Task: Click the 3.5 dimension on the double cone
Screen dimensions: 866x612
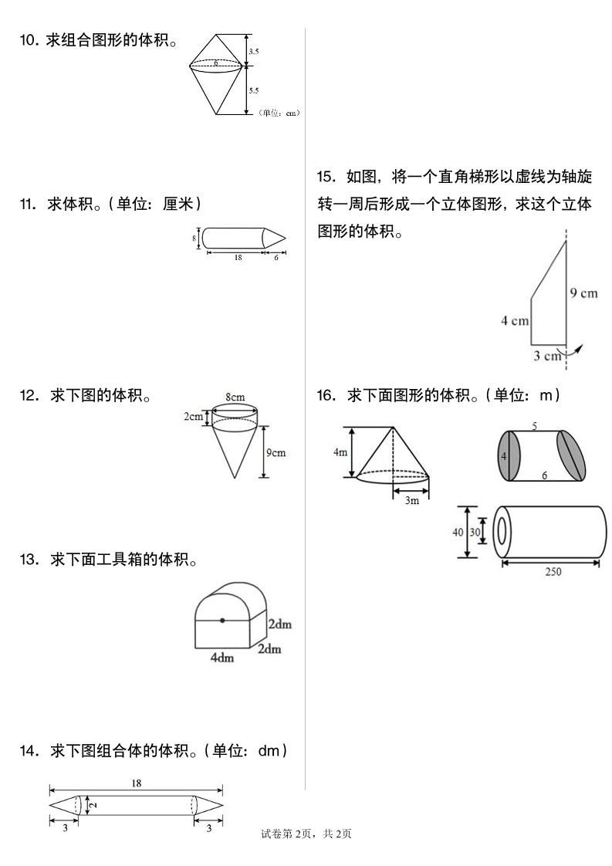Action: (x=254, y=51)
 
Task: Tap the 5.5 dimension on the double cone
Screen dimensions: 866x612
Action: (x=254, y=90)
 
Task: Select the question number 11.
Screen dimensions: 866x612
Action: (x=28, y=204)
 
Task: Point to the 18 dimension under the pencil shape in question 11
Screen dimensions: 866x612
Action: (x=238, y=258)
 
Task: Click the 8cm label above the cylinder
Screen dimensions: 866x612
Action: (x=235, y=397)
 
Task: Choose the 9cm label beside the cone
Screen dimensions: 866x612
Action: (x=276, y=452)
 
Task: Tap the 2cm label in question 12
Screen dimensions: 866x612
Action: (x=193, y=417)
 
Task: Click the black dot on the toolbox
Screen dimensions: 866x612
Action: (x=222, y=620)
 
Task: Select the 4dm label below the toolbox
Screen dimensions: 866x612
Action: (x=222, y=658)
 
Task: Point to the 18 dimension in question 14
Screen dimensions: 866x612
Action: (x=136, y=783)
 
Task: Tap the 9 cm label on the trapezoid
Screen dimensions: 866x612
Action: (x=584, y=293)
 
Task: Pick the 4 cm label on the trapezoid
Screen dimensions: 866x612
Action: (x=514, y=320)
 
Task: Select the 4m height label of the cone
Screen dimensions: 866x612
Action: (x=340, y=453)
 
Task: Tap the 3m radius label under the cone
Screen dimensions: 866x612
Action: (x=411, y=501)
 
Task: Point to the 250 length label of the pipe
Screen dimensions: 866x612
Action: (x=553, y=572)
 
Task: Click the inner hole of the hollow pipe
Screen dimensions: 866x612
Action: (x=502, y=532)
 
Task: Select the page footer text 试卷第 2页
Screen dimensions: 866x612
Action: (x=287, y=834)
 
